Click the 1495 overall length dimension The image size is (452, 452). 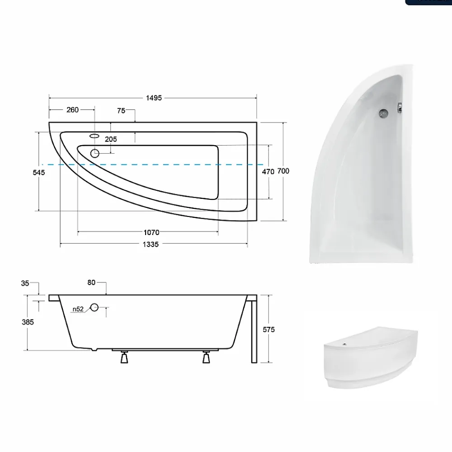tap(154, 98)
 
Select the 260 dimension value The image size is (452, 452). tap(72, 110)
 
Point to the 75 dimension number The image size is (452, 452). tap(121, 111)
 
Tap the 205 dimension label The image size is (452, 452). tap(111, 139)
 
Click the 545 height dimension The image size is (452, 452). tap(38, 172)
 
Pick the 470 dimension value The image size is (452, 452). tap(268, 171)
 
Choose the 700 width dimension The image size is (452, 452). tap(283, 171)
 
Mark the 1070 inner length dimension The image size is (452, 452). tap(151, 232)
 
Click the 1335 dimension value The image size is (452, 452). tap(151, 245)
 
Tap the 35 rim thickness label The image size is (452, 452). tap(25, 283)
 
